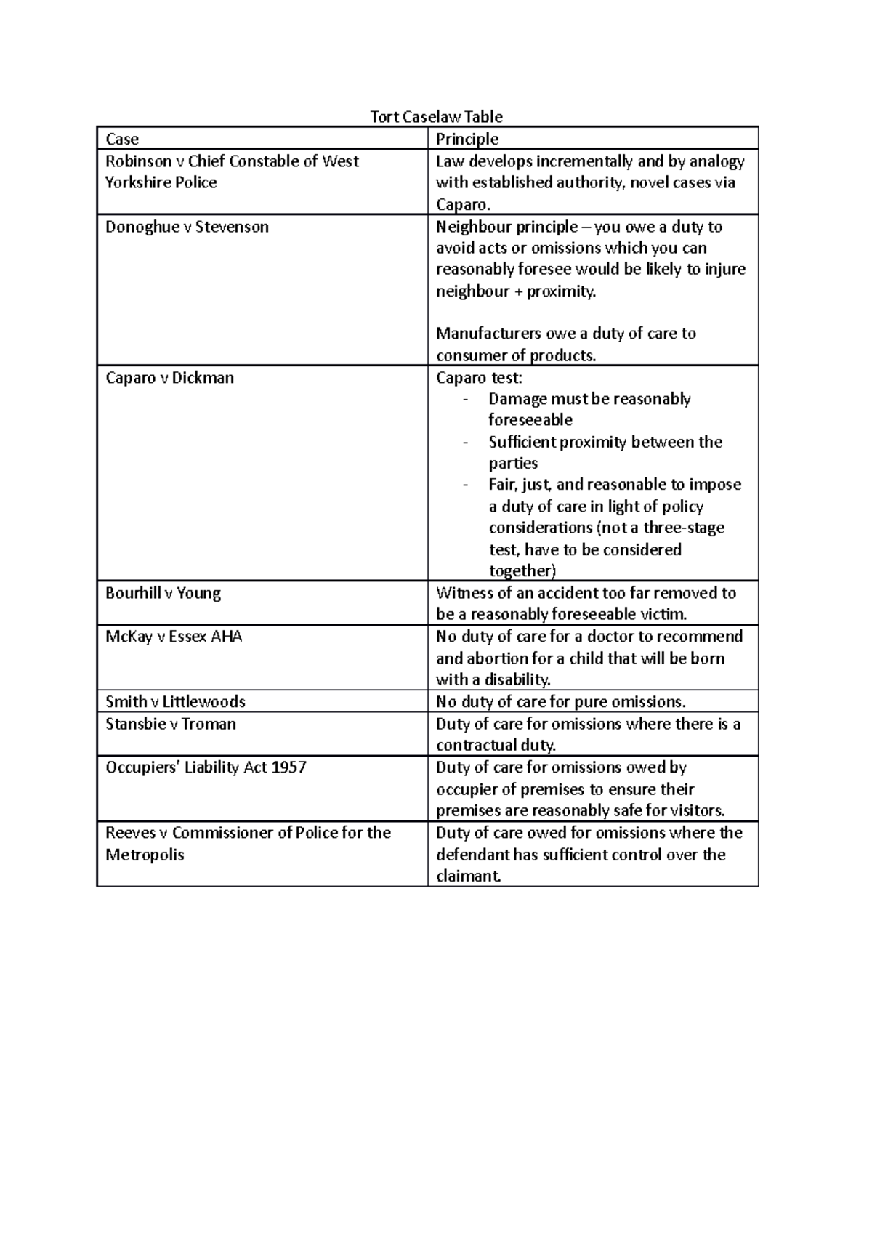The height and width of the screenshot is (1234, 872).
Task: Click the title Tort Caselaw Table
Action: pos(436,117)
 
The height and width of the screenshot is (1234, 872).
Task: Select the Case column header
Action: pos(122,139)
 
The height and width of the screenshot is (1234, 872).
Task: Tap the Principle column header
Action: pos(467,139)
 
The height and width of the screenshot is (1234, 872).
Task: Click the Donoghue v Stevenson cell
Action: pos(187,227)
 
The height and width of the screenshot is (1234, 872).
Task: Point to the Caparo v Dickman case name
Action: pos(169,378)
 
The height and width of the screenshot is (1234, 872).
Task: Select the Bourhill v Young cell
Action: pos(163,593)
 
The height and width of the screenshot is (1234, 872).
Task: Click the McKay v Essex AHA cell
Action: pos(174,637)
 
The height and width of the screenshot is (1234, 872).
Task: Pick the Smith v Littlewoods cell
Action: pos(175,702)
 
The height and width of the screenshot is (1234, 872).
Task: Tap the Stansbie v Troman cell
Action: pos(171,724)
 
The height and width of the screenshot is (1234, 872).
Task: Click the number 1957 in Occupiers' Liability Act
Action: pos(288,767)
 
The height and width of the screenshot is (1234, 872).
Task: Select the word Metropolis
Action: pos(145,855)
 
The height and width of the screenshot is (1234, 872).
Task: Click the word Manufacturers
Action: pos(488,334)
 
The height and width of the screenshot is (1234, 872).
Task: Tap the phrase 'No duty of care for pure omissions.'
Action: pos(560,702)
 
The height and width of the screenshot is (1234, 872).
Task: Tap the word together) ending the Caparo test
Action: pos(522,571)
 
